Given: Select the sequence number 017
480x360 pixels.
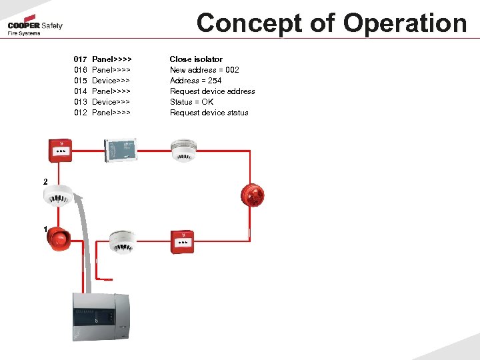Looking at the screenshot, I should tap(81, 59).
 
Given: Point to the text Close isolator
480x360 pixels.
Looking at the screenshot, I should tap(196, 59).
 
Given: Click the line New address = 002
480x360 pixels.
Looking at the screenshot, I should tap(204, 70).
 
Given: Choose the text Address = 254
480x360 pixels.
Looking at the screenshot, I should tap(195, 81).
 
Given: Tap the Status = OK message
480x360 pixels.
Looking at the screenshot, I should tap(191, 102).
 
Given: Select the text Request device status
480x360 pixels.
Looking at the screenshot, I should tap(209, 113).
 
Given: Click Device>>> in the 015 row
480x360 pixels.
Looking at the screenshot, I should tap(111, 81).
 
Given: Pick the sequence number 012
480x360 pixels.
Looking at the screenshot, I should tap(81, 113).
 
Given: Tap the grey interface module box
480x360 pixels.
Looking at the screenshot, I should tap(120, 150).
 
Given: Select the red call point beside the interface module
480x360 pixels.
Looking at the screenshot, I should tap(60, 151).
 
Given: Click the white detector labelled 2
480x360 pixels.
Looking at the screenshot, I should tap(58, 195).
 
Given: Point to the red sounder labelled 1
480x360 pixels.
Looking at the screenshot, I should tap(58, 238).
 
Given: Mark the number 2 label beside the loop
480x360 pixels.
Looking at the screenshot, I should tap(45, 182).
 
